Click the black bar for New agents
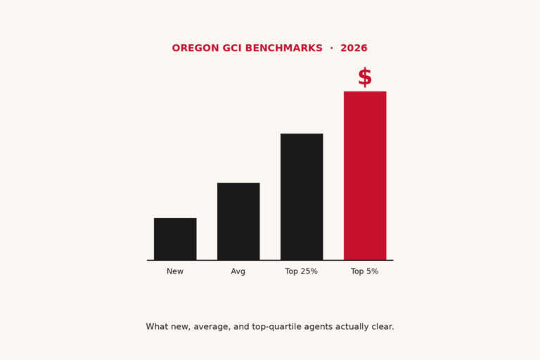[175, 239]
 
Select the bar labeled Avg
[238, 221]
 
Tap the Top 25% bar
[302, 197]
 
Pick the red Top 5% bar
[365, 176]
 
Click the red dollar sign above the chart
[365, 77]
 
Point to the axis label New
[175, 271]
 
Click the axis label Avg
[238, 271]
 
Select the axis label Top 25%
[302, 271]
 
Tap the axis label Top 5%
[365, 271]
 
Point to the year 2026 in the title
[354, 49]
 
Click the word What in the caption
[157, 327]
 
